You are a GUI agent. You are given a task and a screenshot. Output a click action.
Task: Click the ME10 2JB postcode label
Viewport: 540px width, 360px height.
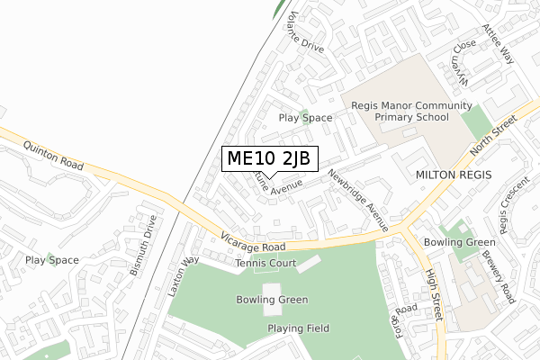coord(268,159)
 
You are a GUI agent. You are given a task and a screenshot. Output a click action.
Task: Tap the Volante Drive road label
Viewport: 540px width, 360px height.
coord(301,33)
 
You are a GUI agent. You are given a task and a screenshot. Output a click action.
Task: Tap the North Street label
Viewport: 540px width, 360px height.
coord(494,134)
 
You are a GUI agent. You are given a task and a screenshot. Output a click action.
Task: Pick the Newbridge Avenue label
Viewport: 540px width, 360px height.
coord(357,200)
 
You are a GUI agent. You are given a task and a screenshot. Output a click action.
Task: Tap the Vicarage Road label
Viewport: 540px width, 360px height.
coord(253,246)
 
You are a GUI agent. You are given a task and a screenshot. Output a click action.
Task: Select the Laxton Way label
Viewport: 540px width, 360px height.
coord(182,277)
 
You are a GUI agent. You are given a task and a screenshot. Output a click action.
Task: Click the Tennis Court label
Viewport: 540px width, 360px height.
coord(265,263)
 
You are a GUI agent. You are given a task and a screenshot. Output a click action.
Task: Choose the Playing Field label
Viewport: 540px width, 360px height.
coord(298,328)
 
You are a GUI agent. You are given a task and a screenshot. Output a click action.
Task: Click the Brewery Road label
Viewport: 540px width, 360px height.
coord(509,275)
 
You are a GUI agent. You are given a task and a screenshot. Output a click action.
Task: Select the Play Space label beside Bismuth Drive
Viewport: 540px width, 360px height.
coord(52,260)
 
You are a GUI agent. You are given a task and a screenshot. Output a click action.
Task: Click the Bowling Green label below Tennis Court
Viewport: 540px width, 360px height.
coord(272,300)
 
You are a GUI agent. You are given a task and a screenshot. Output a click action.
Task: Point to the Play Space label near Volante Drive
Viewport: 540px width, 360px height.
coord(305,118)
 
